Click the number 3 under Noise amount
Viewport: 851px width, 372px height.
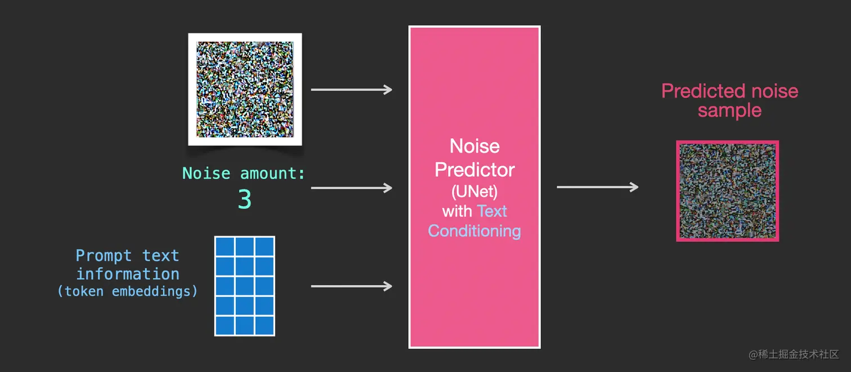click(x=245, y=199)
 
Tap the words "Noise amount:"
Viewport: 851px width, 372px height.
click(x=244, y=174)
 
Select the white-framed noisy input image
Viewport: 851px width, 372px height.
click(x=245, y=90)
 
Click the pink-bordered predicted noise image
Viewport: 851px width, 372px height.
click(x=728, y=191)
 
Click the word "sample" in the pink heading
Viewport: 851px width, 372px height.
click(x=729, y=110)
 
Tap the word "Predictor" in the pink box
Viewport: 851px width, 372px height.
click(x=474, y=170)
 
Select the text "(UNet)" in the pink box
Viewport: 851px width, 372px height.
click(x=474, y=191)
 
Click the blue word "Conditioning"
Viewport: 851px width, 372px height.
click(x=474, y=231)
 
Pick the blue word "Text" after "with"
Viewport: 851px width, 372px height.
click(x=492, y=211)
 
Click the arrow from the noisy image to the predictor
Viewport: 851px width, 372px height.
click(x=351, y=90)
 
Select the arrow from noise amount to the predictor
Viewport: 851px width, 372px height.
click(x=351, y=188)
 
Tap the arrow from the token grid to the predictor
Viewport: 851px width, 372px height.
click(x=351, y=286)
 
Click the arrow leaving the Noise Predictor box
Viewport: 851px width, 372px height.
click(x=598, y=187)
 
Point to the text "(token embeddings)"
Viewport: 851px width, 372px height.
click(x=128, y=291)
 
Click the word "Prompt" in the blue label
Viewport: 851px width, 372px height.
click(x=104, y=256)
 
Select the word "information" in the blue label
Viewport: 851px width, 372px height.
click(x=128, y=274)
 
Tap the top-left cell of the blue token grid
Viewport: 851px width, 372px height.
click(x=225, y=246)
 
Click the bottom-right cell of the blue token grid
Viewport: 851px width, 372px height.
click(x=265, y=326)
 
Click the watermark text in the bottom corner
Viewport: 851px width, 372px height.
click(x=794, y=355)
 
